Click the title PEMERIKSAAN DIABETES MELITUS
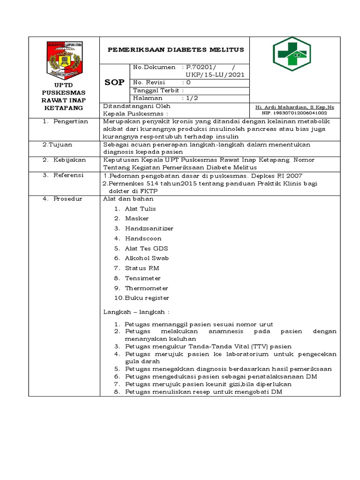pyautogui.click(x=176, y=50)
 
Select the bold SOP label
pyautogui.click(x=114, y=82)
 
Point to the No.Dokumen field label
pyautogui.click(x=154, y=67)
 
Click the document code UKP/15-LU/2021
pyautogui.click(x=215, y=75)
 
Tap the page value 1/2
pyautogui.click(x=193, y=98)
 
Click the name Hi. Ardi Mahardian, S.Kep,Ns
pyautogui.click(x=295, y=107)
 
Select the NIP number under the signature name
pyautogui.click(x=295, y=113)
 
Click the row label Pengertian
pyautogui.click(x=71, y=121)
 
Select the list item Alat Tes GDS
pyautogui.click(x=146, y=248)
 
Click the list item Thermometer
pyautogui.click(x=146, y=288)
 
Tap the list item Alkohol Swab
pyautogui.click(x=147, y=258)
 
